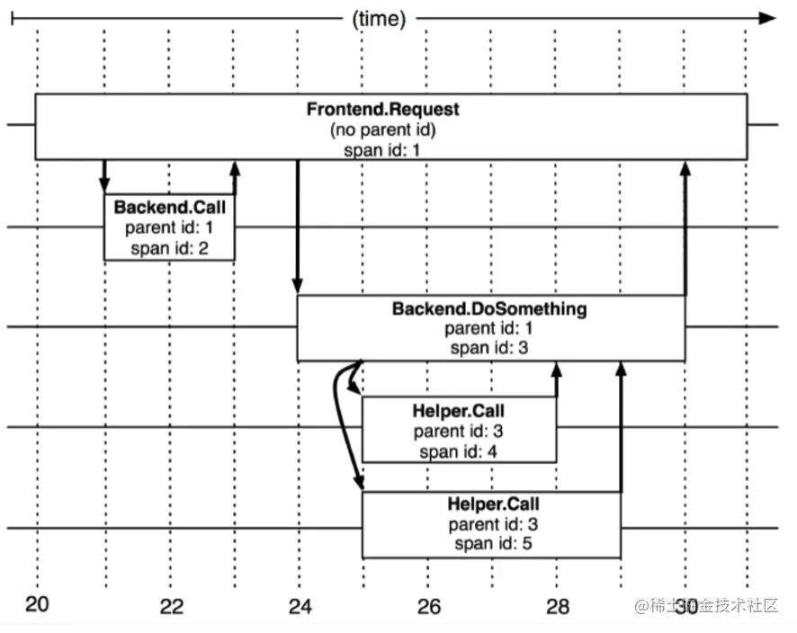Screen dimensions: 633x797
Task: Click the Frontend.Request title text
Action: click(x=382, y=109)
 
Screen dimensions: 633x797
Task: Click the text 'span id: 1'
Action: click(x=382, y=149)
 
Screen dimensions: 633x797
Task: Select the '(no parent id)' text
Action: click(x=382, y=129)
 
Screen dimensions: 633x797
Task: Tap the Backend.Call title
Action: click(x=169, y=208)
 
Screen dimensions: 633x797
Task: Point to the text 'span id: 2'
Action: click(x=169, y=248)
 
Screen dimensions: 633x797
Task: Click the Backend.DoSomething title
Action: click(x=489, y=309)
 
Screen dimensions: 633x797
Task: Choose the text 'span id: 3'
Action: click(x=489, y=349)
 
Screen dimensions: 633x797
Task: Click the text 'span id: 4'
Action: click(x=458, y=451)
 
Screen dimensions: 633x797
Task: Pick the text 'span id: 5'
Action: click(x=493, y=544)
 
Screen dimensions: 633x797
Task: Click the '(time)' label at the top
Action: click(x=379, y=17)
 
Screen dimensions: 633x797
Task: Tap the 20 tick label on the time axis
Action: click(x=37, y=604)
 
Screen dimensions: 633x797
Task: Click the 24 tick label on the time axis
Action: click(x=300, y=606)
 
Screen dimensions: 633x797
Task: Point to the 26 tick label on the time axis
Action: click(x=429, y=606)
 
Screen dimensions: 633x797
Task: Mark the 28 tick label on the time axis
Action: click(x=558, y=606)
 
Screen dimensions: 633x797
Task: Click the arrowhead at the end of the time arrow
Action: click(x=766, y=17)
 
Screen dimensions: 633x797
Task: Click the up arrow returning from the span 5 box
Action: click(x=621, y=426)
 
